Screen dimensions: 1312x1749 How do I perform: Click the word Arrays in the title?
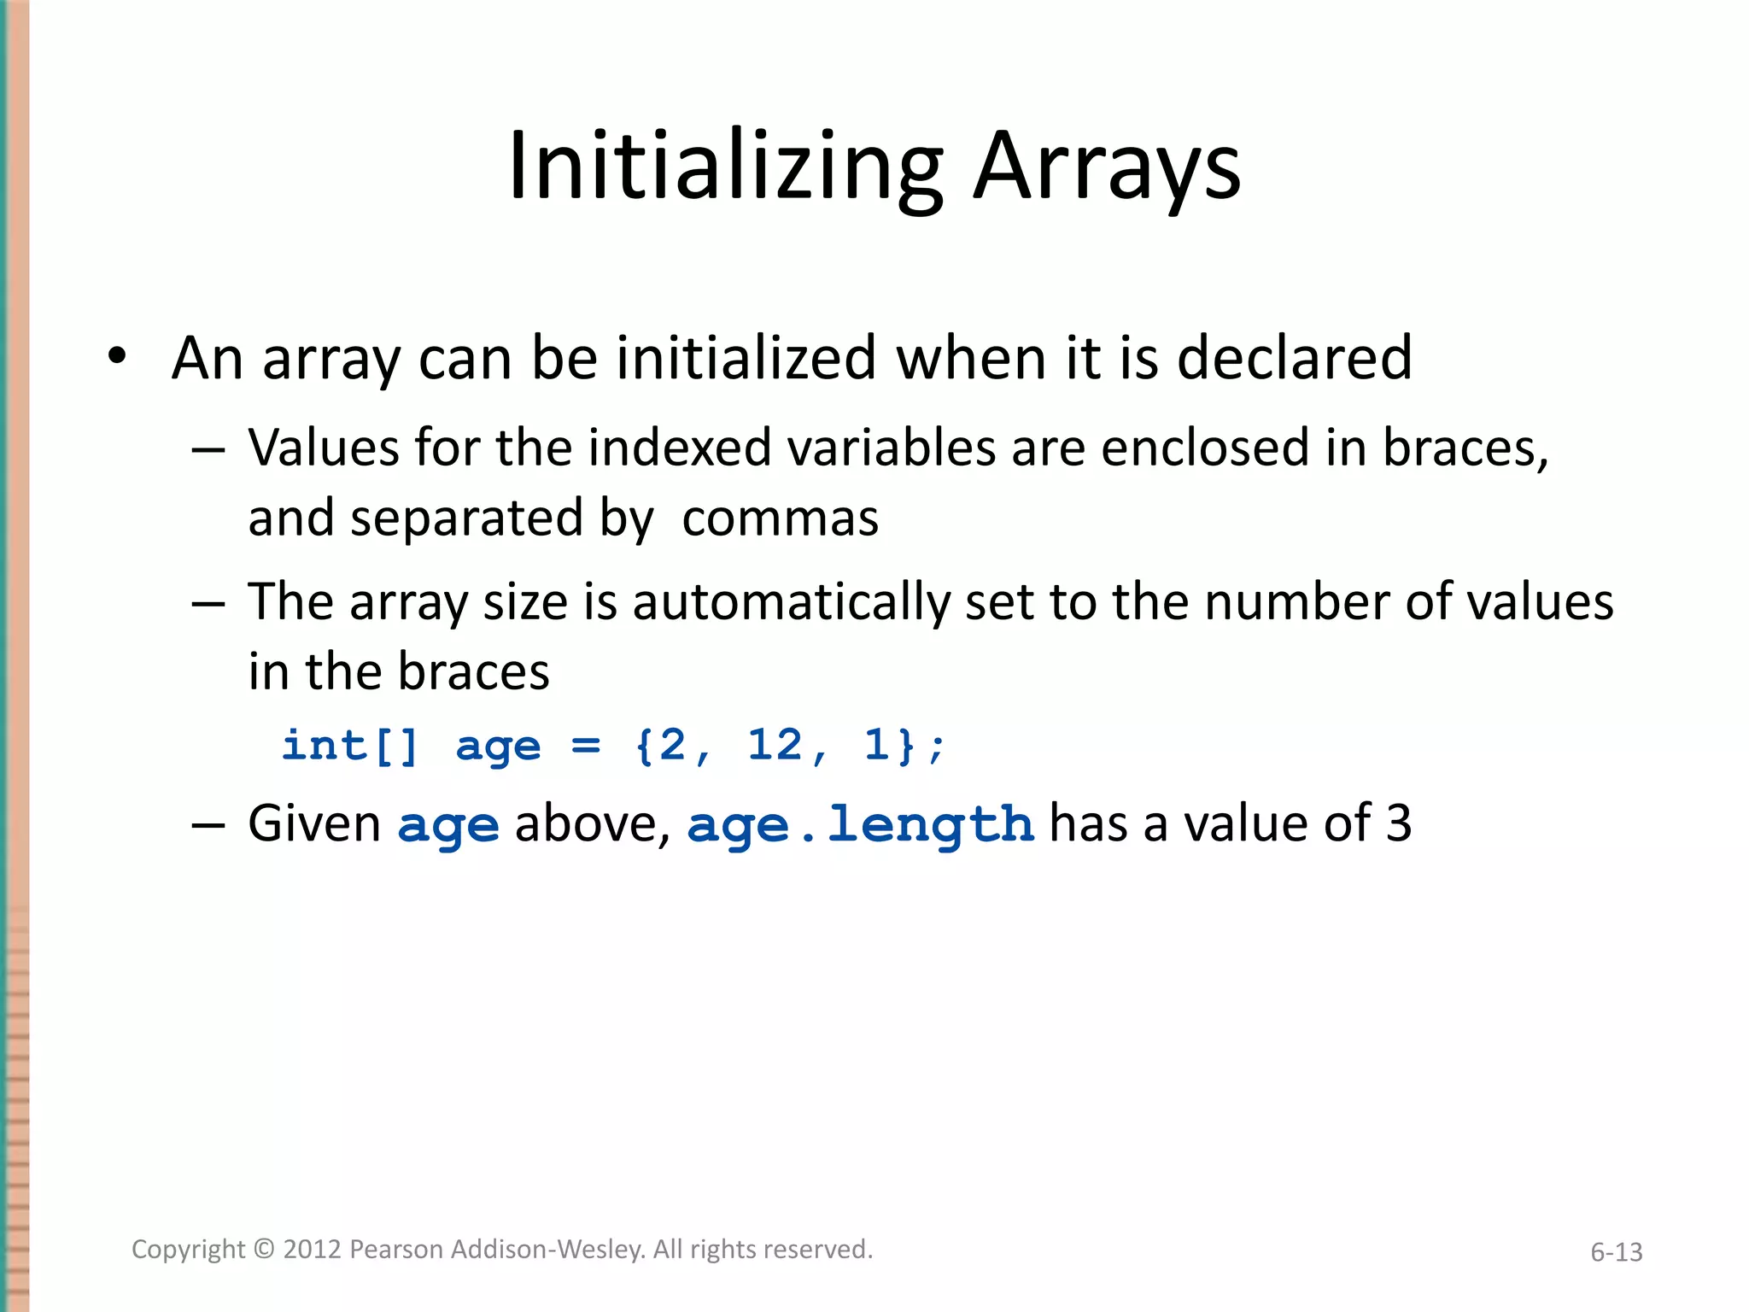point(1107,167)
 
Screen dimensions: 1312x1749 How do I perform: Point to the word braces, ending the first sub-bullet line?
point(1465,448)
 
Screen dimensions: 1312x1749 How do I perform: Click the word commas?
point(780,518)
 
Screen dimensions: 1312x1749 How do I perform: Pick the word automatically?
point(791,602)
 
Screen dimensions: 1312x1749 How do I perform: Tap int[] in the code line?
point(350,745)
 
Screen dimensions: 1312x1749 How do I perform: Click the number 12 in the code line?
point(775,745)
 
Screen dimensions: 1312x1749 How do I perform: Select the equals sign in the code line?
point(586,745)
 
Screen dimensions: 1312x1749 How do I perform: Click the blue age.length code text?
point(860,825)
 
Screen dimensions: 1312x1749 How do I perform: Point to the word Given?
point(314,823)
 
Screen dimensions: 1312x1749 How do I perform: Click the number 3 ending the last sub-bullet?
point(1398,823)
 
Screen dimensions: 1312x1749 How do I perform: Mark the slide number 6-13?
point(1616,1252)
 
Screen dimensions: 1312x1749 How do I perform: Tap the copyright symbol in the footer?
point(265,1250)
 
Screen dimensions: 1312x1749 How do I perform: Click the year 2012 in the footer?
point(313,1250)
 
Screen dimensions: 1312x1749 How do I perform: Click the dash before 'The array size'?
point(208,604)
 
